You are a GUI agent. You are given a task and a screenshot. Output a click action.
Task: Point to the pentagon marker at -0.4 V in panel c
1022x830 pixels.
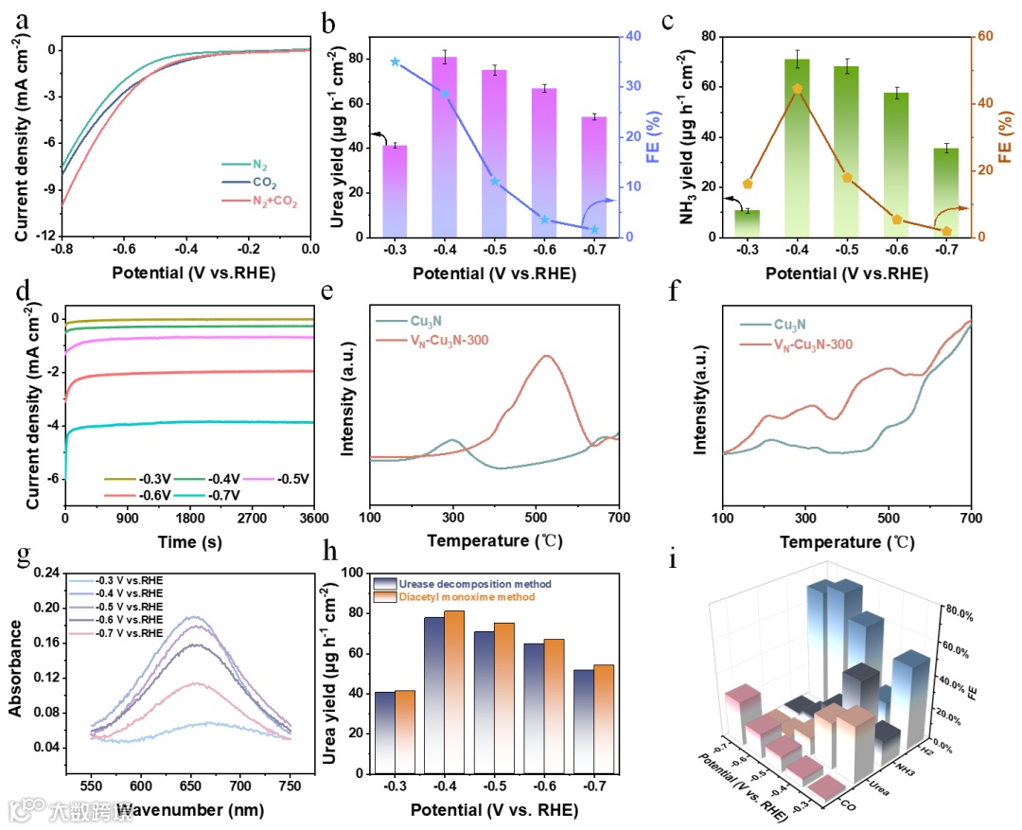(x=798, y=89)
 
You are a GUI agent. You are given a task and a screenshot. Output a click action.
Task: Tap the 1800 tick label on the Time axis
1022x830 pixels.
(x=189, y=519)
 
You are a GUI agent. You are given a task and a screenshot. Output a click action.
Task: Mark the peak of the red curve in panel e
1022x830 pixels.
(x=546, y=356)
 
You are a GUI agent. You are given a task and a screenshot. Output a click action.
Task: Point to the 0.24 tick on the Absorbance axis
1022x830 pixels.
(x=40, y=573)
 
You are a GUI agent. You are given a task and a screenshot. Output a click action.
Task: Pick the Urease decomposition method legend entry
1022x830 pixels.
(x=478, y=584)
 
